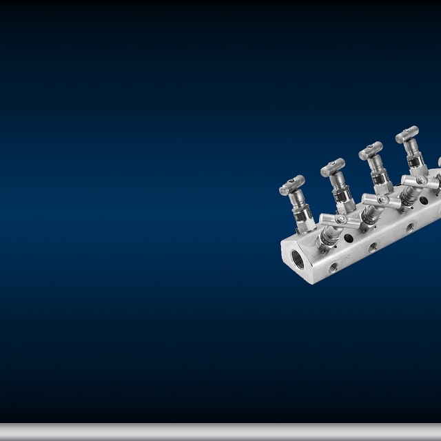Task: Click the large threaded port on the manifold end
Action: [x=298, y=259]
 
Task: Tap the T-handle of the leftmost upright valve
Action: [x=291, y=185]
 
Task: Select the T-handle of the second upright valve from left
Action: [x=333, y=167]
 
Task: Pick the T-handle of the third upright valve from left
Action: [x=371, y=150]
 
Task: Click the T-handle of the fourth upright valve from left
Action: [x=407, y=134]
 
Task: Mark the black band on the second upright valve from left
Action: [x=342, y=196]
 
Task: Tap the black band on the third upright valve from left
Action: [x=380, y=178]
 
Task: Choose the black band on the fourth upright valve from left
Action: [x=416, y=161]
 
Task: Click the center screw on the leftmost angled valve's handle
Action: [x=340, y=219]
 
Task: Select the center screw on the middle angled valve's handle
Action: [x=382, y=200]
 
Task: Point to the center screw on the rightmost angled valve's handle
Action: [x=421, y=181]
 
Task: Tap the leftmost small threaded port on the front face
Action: [x=334, y=267]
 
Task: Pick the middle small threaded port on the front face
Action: [x=373, y=247]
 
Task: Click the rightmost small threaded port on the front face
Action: [x=409, y=227]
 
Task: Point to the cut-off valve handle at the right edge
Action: [x=439, y=164]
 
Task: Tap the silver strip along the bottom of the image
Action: [x=220, y=431]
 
